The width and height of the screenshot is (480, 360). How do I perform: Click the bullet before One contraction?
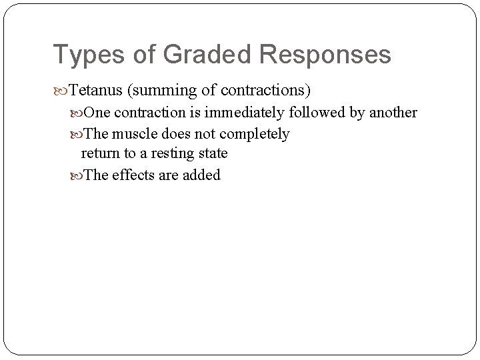click(x=77, y=113)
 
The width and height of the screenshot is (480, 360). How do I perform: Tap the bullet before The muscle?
click(x=77, y=134)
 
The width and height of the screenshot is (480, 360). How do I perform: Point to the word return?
click(x=98, y=154)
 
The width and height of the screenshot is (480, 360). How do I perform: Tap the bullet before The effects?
click(x=77, y=176)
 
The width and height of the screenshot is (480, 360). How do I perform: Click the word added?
click(x=201, y=176)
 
